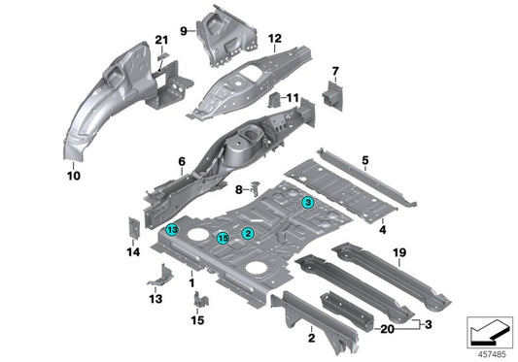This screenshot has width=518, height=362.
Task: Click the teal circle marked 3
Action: coord(307,203)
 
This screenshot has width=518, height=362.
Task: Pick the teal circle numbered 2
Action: coord(248,233)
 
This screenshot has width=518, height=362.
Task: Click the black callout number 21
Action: coord(161,39)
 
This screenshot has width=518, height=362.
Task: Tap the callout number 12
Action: coord(275,40)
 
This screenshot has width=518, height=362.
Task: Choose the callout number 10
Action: coord(72,177)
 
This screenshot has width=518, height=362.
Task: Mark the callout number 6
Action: coord(181,161)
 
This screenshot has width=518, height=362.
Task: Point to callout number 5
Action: coord(364,158)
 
